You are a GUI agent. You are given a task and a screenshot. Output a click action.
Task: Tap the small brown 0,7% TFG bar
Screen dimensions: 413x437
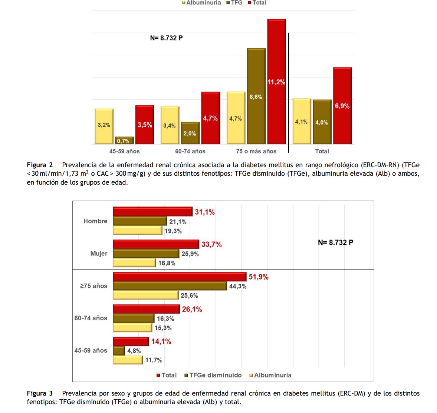coord(124,141)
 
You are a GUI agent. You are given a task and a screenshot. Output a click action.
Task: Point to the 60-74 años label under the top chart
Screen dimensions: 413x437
coord(190,151)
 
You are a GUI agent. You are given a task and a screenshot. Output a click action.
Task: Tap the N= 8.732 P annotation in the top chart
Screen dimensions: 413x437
coord(166,38)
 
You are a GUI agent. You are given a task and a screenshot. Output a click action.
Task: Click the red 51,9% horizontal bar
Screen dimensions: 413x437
coord(180,277)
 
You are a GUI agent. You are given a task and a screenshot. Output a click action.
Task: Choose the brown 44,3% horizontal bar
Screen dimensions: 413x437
coord(170,286)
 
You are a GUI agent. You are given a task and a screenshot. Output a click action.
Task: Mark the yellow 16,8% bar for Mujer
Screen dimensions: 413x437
coord(134,263)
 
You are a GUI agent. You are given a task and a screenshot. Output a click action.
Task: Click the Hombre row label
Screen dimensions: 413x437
coord(95,221)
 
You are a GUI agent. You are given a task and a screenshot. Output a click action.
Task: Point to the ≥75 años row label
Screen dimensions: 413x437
coord(93,286)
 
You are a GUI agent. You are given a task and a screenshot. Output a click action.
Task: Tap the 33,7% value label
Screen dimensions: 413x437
coord(211,244)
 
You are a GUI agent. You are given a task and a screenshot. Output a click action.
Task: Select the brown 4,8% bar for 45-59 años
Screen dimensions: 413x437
coord(119,351)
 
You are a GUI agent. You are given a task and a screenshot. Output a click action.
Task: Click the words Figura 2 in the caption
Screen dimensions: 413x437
coord(40,165)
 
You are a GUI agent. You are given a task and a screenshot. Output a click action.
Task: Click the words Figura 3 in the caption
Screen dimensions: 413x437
coord(40,393)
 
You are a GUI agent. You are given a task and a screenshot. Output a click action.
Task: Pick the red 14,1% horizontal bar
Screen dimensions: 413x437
coord(131,341)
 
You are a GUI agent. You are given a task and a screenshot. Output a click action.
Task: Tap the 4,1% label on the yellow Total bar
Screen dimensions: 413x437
coord(301,122)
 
